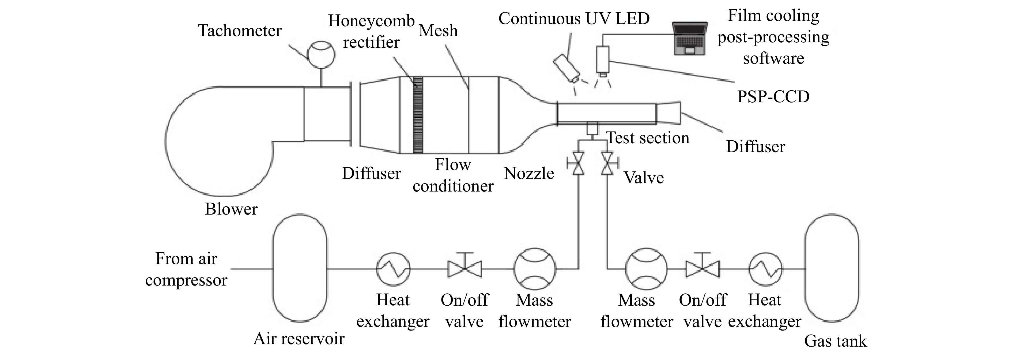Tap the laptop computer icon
tap(689, 38)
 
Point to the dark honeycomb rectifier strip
tap(418, 115)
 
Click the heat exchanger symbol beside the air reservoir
tap(393, 269)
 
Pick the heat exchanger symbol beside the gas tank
tap(765, 269)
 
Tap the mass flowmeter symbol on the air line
tap(535, 269)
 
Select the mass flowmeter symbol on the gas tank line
tap(646, 269)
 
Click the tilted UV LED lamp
tap(567, 68)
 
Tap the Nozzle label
tap(529, 173)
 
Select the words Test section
tap(648, 138)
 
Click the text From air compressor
tap(186, 269)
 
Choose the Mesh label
tap(438, 31)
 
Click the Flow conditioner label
tap(453, 175)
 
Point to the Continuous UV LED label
tap(574, 18)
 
